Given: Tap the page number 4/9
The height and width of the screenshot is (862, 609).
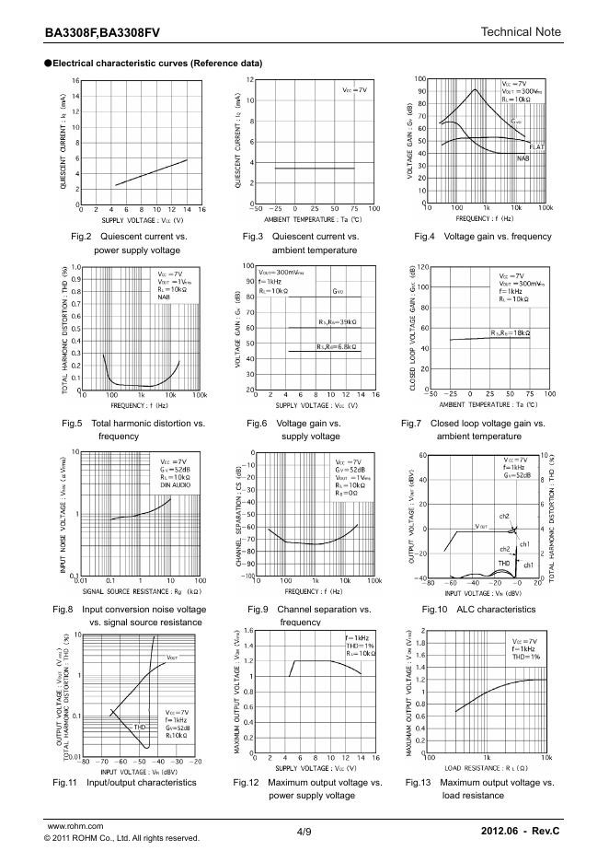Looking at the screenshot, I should pos(304,832).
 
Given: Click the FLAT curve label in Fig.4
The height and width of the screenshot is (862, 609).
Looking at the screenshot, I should pos(538,146).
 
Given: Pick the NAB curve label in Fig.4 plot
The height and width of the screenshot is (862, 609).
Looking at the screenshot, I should pos(523,158).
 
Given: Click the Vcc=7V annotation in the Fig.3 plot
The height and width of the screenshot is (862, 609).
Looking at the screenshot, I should pos(354,90).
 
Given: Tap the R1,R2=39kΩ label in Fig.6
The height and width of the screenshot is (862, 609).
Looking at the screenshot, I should pos(338,321).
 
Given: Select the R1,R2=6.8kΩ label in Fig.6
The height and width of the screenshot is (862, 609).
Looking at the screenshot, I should pos(338,346).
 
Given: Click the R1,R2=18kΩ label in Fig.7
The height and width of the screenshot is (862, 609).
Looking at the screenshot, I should pos(510,332).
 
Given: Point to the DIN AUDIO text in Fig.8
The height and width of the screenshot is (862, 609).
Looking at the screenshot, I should pos(174,484).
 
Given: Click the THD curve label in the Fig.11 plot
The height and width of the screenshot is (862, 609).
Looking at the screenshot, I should pos(140,727).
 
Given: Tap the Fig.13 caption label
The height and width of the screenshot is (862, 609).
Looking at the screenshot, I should pos(419,782).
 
